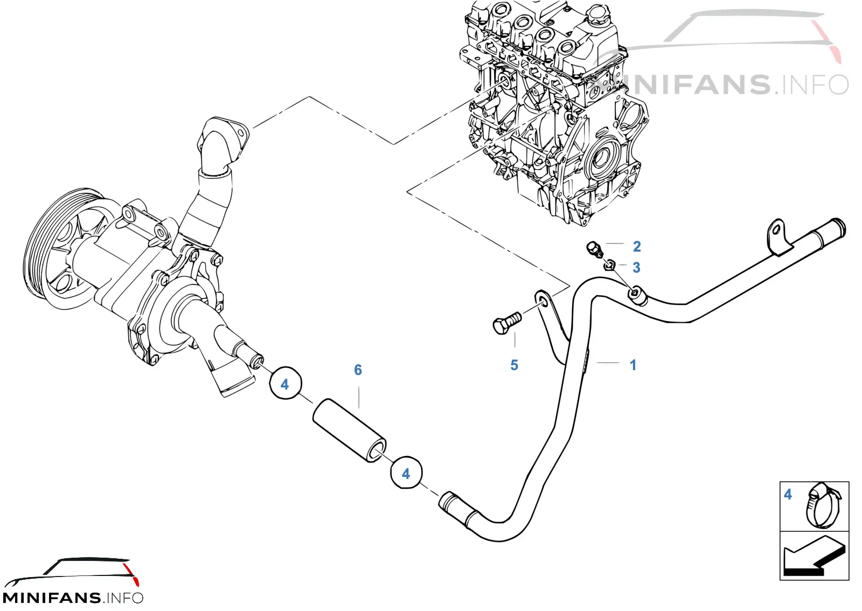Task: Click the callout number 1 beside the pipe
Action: coord(632,365)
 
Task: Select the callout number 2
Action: coord(637,246)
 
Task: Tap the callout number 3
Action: coord(636,267)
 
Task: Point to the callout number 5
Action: coord(514,365)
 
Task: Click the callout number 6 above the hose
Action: coord(358,370)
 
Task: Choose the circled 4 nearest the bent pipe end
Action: coord(406,473)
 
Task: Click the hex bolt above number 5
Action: coord(506,323)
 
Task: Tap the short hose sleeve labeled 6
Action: coord(350,430)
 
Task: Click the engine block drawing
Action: coord(555,112)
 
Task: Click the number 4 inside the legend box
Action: coord(788,494)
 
